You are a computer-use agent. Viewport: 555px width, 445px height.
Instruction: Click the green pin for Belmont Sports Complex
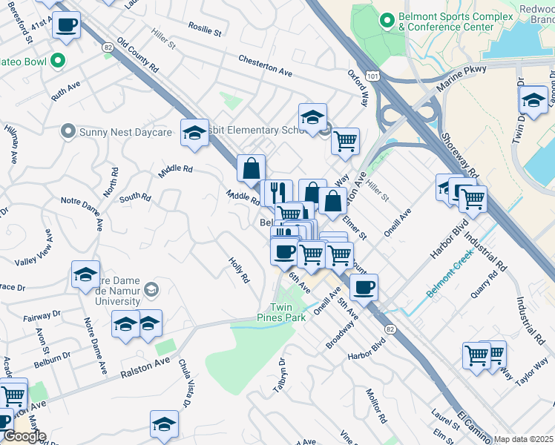pyautogui.click(x=386, y=20)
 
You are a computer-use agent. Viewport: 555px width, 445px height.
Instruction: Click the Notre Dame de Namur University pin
pyautogui.click(x=152, y=289)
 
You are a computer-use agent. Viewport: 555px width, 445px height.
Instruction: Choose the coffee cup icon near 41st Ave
pyautogui.click(x=67, y=24)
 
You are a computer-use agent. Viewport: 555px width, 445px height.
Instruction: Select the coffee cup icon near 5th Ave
pyautogui.click(x=364, y=287)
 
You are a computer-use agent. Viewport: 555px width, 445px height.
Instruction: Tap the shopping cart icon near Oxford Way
pyautogui.click(x=345, y=139)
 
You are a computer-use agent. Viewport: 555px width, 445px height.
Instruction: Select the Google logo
pyautogui.click(x=24, y=436)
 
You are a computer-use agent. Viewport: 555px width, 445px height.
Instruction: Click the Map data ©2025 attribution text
pyautogui.click(x=523, y=439)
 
